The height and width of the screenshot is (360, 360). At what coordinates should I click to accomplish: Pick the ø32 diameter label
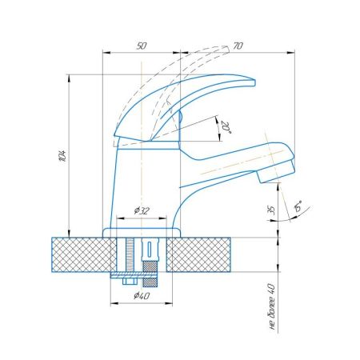point(142,210)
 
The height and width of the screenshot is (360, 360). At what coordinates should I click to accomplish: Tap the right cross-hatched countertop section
point(206,254)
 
